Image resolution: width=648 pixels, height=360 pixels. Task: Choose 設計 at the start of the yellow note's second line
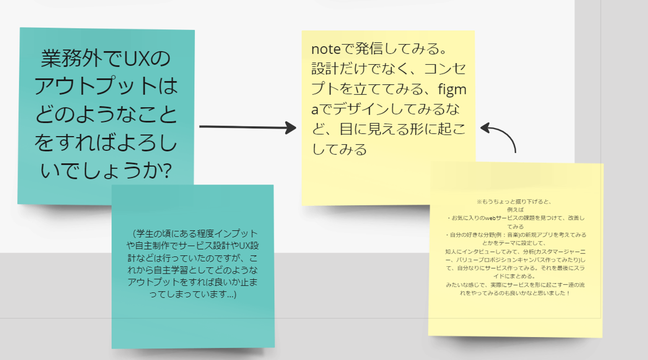point(322,69)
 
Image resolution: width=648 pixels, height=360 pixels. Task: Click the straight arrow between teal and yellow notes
point(247,127)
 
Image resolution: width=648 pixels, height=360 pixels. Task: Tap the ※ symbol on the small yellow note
point(479,202)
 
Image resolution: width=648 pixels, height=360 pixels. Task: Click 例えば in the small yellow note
point(515,210)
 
